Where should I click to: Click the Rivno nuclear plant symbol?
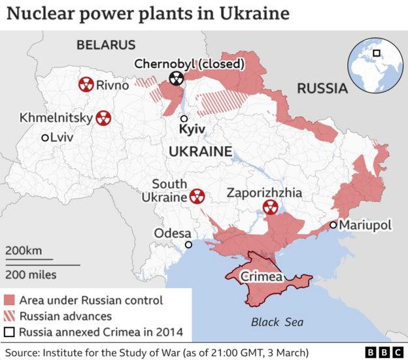pos(85,84)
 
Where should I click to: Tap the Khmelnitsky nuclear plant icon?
pos(103,118)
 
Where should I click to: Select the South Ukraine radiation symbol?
pos(197,195)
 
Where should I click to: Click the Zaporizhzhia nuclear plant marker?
pos(269,208)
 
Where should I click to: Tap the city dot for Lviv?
pos(45,138)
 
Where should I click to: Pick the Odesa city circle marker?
pos(189,245)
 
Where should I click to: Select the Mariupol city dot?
pos(333,225)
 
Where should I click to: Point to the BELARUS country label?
pos(105,45)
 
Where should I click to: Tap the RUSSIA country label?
pos(321,88)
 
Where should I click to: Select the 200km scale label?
pos(24,251)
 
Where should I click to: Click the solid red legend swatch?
pos(9,301)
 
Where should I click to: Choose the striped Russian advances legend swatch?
pos(9,316)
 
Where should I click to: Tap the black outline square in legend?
pos(9,332)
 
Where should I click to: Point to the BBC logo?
pos(383,352)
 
